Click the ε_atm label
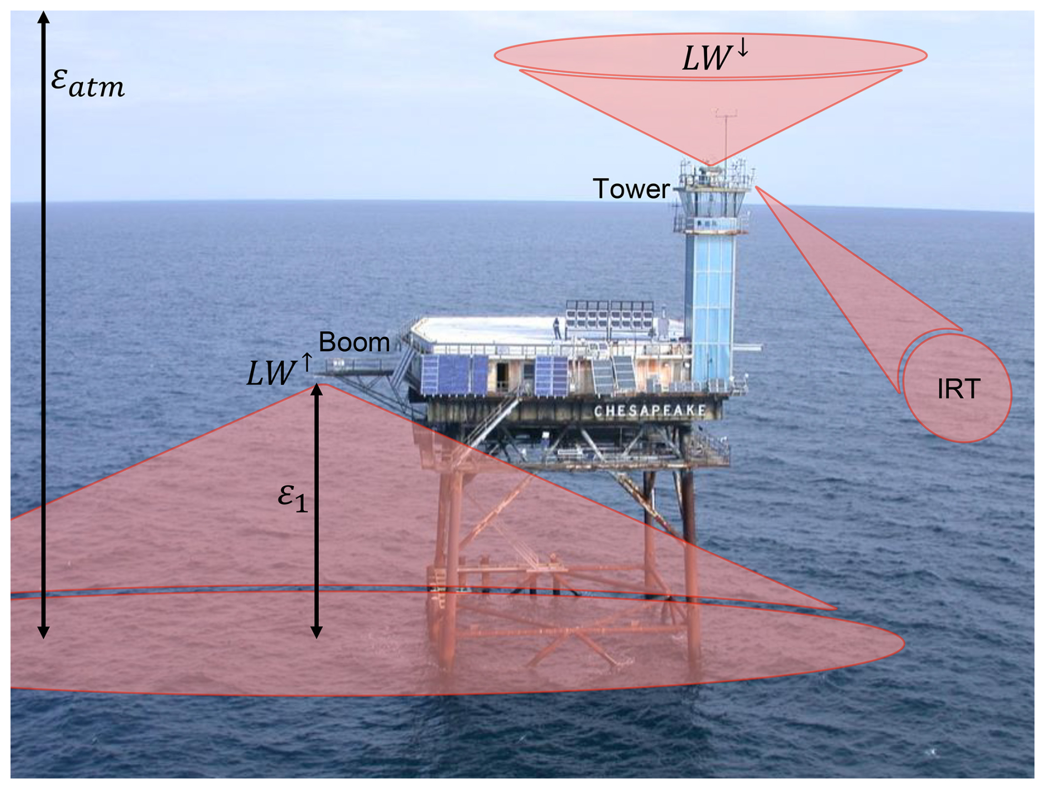87,83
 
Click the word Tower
631,190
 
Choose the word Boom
354,343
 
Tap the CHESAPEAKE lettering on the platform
650,411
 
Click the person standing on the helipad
557,328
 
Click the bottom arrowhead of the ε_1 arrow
316,632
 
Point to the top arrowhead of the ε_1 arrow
316,390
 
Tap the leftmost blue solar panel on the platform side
431,375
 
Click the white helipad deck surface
486,330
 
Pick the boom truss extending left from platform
359,367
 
